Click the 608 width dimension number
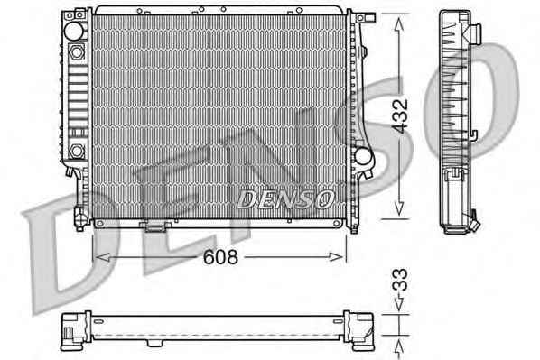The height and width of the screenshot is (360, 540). [220, 257]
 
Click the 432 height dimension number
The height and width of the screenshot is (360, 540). [400, 116]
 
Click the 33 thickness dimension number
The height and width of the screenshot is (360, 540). [400, 280]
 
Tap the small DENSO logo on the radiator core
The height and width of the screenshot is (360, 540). [286, 199]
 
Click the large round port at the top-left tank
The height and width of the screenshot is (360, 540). [74, 31]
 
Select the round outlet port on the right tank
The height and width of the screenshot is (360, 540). [363, 156]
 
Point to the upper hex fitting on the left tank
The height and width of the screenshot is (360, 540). [76, 52]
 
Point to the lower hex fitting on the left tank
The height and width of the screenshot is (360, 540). [76, 151]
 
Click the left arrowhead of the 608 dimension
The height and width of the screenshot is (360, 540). [102, 257]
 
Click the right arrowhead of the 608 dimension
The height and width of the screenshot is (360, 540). [336, 257]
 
